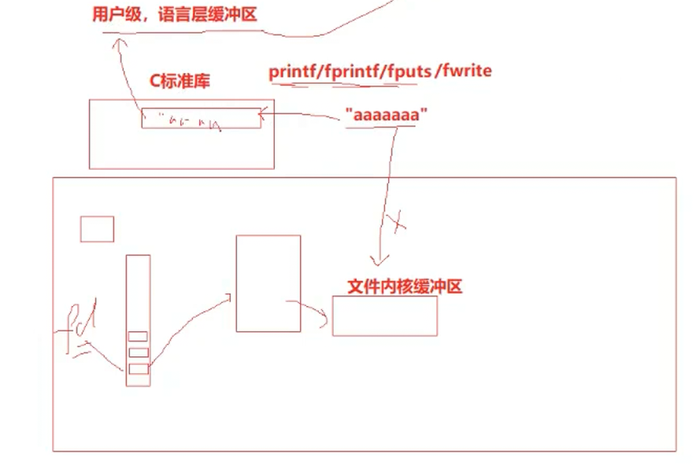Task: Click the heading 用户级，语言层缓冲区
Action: pyautogui.click(x=174, y=15)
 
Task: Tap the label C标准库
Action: pyautogui.click(x=180, y=81)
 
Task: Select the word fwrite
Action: pyautogui.click(x=468, y=71)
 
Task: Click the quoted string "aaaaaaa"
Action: pyautogui.click(x=386, y=115)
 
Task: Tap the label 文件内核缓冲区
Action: pyautogui.click(x=404, y=286)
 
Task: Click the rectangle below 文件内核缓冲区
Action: pyautogui.click(x=384, y=316)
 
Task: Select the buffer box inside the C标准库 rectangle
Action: pyautogui.click(x=201, y=118)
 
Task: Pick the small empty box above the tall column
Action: pyautogui.click(x=97, y=229)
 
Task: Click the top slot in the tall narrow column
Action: pyautogui.click(x=138, y=338)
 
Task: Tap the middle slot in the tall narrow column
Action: pyautogui.click(x=138, y=352)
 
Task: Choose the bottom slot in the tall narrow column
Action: pyautogui.click(x=138, y=369)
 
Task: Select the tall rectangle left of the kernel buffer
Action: pyautogui.click(x=268, y=283)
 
